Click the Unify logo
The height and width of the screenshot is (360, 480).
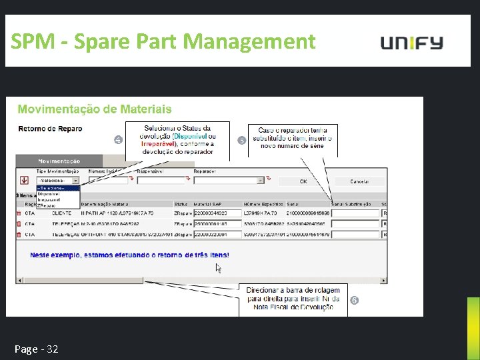pos(411,43)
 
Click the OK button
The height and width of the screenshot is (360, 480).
pos(303,181)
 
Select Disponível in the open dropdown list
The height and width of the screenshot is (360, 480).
pos(48,194)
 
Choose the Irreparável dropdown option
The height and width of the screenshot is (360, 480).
pos(49,200)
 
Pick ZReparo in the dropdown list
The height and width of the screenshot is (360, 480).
pos(47,206)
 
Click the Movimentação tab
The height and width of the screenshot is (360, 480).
pos(59,161)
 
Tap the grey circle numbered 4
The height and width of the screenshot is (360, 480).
pos(118,140)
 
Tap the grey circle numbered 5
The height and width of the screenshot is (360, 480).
pos(241,140)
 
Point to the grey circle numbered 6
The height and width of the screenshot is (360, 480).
pos(354,301)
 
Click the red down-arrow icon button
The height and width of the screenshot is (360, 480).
pos(24,179)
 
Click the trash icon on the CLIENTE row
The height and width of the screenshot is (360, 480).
pos(18,213)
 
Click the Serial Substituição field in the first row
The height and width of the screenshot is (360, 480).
pos(355,213)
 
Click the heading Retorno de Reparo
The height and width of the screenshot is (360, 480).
pos(50,129)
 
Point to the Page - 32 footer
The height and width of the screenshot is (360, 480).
pos(36,349)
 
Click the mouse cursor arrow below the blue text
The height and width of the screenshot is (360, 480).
pos(218,268)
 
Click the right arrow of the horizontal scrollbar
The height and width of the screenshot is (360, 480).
pos(383,279)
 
